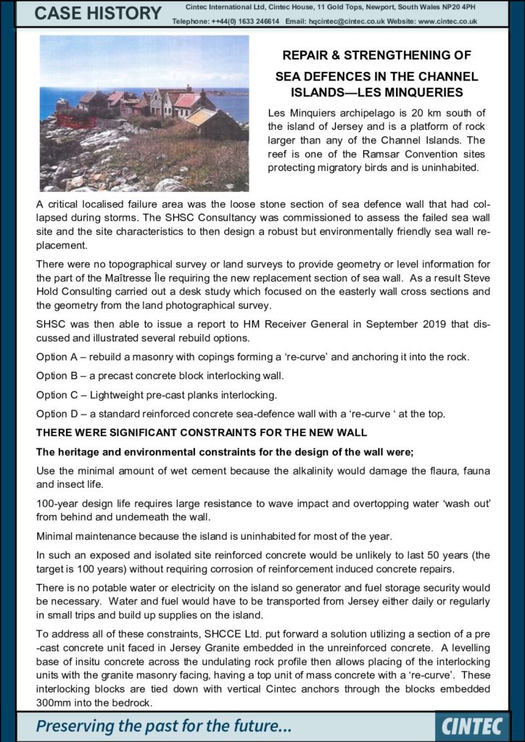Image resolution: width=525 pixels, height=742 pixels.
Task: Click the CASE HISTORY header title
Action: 99,13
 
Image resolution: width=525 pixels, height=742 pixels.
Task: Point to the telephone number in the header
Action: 235,22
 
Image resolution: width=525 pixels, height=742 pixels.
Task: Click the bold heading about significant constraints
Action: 202,433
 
